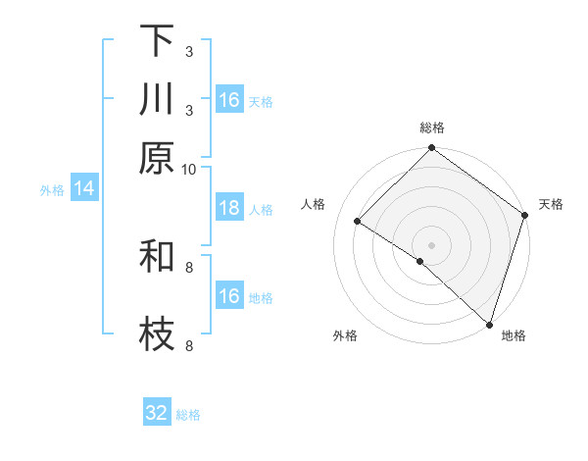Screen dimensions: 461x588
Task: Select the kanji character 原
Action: point(157,158)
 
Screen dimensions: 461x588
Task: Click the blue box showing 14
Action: point(84,189)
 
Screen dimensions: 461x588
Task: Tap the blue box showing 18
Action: point(229,208)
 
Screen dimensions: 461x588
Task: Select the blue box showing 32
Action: point(157,413)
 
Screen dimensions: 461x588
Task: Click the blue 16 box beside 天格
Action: point(229,100)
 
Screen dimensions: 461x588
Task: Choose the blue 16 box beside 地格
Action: point(229,296)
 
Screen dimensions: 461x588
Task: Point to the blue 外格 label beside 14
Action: point(52,190)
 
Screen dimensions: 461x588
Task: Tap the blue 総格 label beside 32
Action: point(188,414)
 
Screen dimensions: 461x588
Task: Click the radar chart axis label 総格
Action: point(432,128)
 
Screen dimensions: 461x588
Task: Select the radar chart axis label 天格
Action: point(551,204)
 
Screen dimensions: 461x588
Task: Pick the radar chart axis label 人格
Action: point(314,204)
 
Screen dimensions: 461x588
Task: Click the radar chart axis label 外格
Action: point(345,335)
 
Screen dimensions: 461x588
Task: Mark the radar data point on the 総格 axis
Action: point(432,149)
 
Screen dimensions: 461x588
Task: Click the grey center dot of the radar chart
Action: point(432,244)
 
